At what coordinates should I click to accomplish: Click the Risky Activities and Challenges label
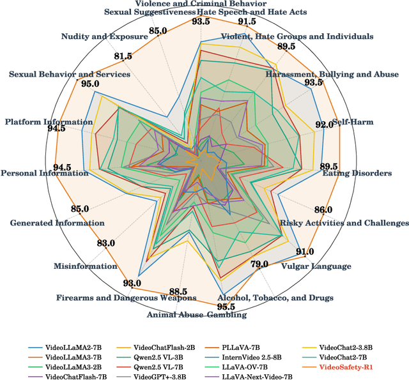[x=344, y=223]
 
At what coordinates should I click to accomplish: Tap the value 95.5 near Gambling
[x=226, y=306]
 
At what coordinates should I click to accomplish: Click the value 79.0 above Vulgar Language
[x=259, y=264]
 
